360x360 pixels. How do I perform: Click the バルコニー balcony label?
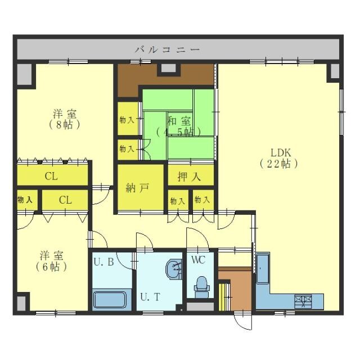tap(167, 49)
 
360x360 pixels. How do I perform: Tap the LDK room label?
tap(281, 152)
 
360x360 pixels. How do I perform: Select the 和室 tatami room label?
tap(179, 121)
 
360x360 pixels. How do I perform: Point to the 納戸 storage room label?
tap(137, 188)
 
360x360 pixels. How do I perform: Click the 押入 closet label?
tap(189, 177)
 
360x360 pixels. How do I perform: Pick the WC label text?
tap(199, 260)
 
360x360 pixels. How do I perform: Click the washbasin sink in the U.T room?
tap(174, 269)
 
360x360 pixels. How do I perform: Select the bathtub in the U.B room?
tap(110, 300)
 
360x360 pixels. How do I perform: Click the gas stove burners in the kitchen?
tap(303, 301)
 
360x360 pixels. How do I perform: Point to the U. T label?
tap(150, 298)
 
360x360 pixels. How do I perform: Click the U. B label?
tap(103, 262)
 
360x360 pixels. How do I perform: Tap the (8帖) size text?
tap(65, 125)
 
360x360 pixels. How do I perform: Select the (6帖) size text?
tap(51, 267)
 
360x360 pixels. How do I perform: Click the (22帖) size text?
tap(279, 164)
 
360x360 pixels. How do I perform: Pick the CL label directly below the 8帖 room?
tap(51, 177)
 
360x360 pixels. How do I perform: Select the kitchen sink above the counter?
tap(263, 268)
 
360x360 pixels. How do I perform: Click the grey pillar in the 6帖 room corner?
tap(21, 303)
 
